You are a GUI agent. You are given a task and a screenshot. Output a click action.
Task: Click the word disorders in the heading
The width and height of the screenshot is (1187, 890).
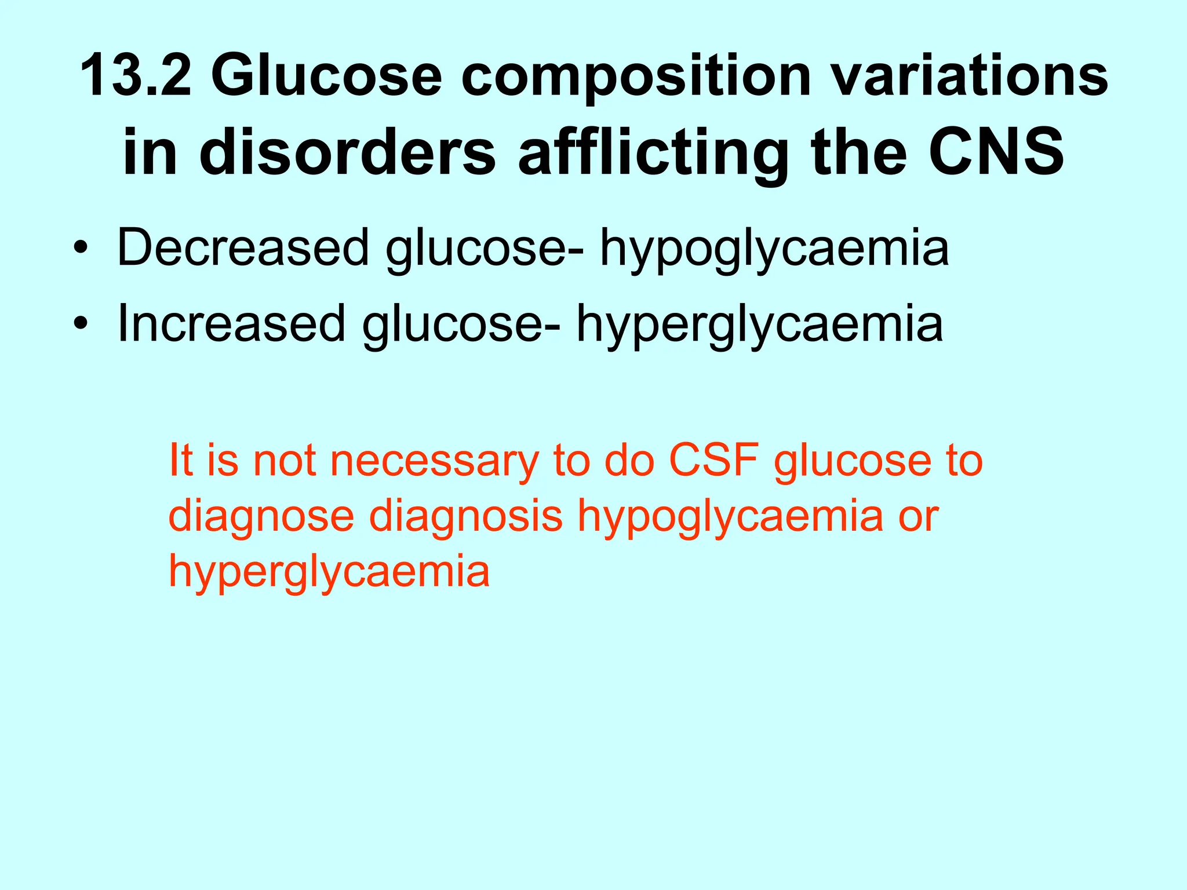348,152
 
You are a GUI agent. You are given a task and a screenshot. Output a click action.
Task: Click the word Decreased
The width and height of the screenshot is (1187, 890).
243,248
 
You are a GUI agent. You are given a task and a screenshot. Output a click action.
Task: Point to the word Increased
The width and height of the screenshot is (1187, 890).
231,323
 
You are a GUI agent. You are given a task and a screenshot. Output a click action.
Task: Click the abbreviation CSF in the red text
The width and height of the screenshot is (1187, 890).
713,461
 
